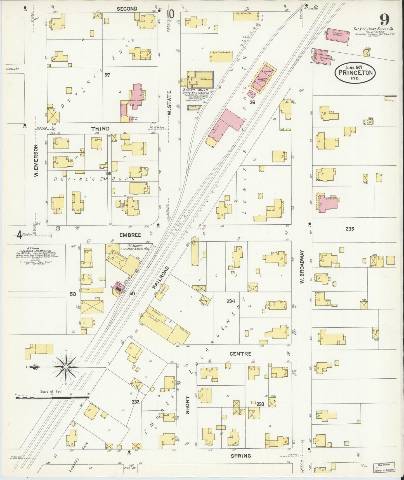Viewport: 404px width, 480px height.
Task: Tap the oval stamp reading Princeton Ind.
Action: click(355, 72)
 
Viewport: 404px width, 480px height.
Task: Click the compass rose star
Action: click(66, 367)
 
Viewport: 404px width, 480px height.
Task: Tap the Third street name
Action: click(100, 128)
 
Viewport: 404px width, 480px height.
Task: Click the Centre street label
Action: click(240, 354)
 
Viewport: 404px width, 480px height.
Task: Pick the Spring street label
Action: click(241, 456)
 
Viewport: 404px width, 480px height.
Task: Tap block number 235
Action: click(349, 229)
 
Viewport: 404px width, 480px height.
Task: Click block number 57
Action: click(107, 75)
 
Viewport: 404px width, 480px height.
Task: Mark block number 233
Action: click(260, 404)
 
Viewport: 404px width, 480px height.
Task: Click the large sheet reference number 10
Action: click(170, 14)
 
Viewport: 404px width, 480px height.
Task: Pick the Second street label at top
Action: click(127, 9)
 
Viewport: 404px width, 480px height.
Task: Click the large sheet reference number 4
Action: click(19, 235)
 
